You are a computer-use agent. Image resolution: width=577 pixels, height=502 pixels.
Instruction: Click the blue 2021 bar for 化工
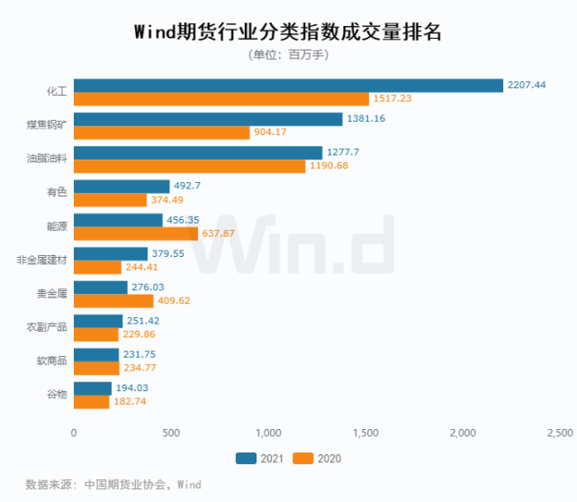[288, 85]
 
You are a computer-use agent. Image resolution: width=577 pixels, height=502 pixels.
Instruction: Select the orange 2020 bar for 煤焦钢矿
[161, 132]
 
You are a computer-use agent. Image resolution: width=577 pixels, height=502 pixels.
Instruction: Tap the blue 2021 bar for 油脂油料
[197, 152]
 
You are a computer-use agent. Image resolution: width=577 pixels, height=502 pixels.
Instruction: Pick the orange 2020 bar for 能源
[135, 233]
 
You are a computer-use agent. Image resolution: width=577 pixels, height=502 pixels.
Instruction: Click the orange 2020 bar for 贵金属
[113, 301]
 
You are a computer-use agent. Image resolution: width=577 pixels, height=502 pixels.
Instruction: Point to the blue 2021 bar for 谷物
[92, 388]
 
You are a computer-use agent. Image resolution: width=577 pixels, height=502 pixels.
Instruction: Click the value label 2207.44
[527, 85]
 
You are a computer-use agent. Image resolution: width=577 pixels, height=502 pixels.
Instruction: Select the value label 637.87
[221, 233]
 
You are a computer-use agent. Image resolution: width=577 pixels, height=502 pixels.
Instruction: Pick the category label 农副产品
[49, 327]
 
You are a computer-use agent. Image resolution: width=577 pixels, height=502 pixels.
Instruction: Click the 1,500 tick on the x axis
[366, 434]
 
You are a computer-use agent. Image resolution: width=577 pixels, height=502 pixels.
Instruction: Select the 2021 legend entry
[259, 459]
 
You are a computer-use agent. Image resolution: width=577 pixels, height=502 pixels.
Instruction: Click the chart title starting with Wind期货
[288, 32]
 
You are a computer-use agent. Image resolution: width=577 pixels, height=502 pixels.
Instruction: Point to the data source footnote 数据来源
[113, 485]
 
